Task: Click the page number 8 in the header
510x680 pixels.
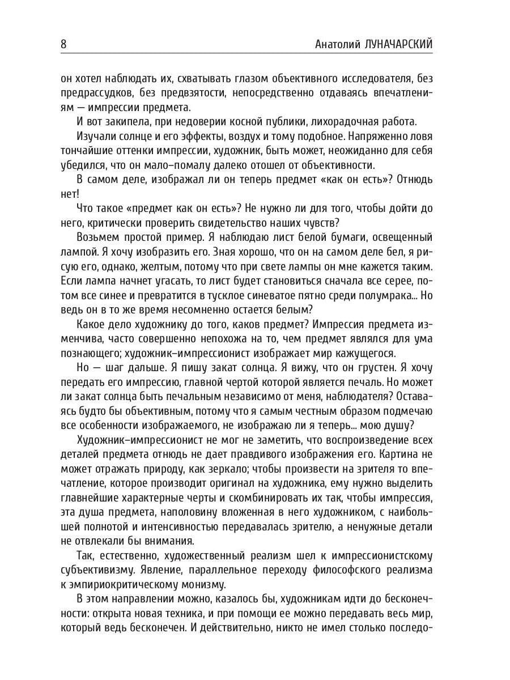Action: (63, 44)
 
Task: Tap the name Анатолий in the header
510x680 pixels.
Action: (336, 45)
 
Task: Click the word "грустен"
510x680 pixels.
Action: (368, 368)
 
